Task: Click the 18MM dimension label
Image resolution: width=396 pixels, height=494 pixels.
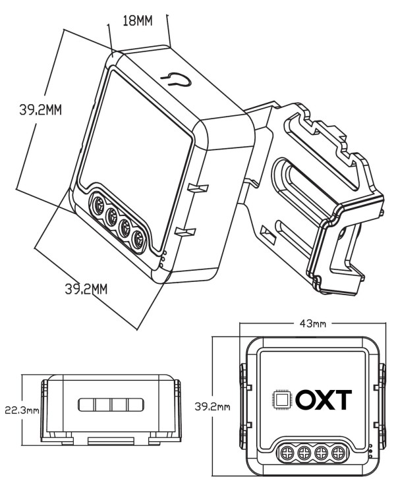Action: [x=138, y=20]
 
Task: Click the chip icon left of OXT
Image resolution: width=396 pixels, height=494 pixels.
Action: [x=281, y=399]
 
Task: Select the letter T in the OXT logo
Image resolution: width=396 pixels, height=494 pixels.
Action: [x=343, y=399]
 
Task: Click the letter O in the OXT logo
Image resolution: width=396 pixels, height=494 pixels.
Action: [x=304, y=399]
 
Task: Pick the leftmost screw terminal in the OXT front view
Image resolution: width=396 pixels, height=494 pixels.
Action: [x=288, y=453]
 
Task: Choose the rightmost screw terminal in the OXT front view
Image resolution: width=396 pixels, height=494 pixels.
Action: [x=339, y=453]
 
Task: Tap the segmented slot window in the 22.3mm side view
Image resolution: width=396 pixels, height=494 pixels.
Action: [x=111, y=404]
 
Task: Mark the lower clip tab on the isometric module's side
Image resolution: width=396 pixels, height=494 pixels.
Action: [x=186, y=230]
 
